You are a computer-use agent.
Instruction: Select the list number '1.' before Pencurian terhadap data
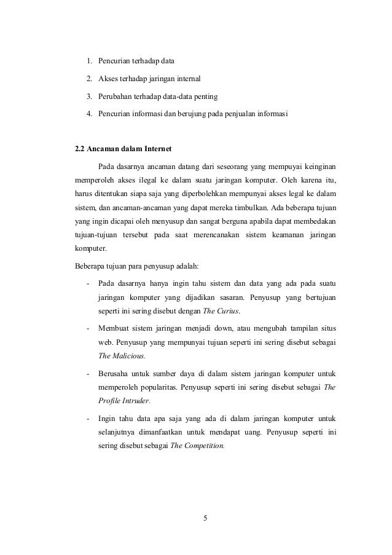click(89, 61)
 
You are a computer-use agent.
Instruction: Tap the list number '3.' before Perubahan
click(89, 96)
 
